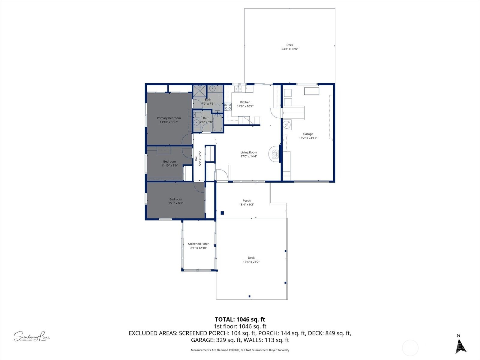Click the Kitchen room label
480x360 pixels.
click(x=245, y=102)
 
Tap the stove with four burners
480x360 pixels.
click(x=228, y=106)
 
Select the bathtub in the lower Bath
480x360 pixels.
click(x=217, y=123)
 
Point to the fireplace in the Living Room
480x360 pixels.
click(x=274, y=154)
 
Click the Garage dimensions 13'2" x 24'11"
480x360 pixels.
click(x=308, y=138)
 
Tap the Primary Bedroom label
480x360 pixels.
click(x=169, y=118)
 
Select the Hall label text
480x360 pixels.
click(x=196, y=158)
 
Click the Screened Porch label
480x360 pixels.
click(x=199, y=244)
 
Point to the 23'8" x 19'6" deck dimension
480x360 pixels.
click(x=289, y=49)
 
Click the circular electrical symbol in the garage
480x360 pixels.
click(x=287, y=124)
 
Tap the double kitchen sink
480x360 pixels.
click(x=238, y=89)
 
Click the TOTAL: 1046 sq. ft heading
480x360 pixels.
click(x=240, y=319)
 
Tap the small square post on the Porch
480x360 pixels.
click(x=222, y=213)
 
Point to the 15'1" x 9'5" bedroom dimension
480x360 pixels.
click(x=175, y=203)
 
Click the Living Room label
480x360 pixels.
click(x=249, y=152)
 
